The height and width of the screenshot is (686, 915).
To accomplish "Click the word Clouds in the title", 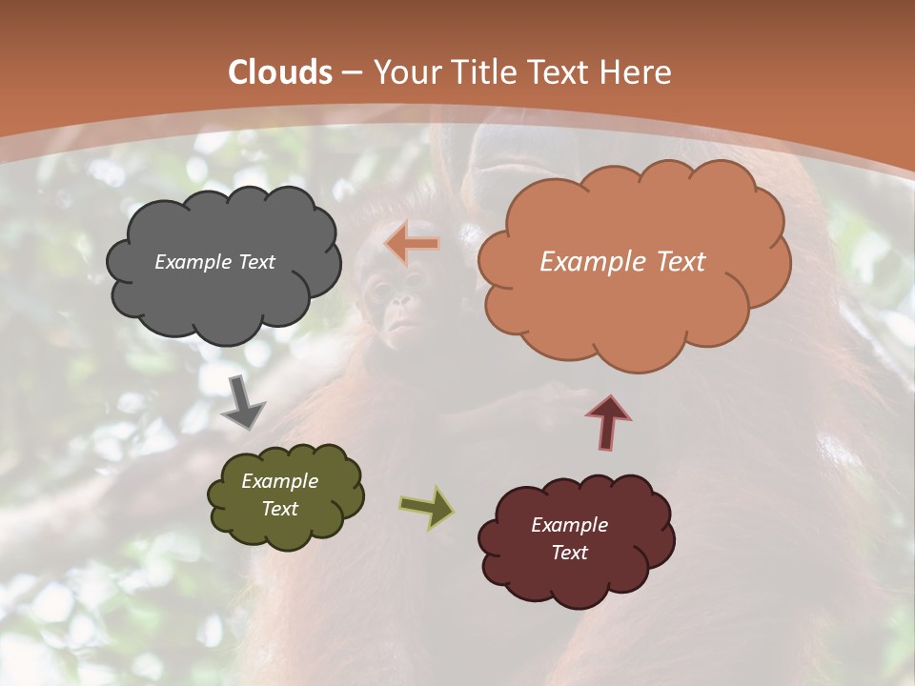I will click(280, 72).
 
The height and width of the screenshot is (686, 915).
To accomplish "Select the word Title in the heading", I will click(477, 72).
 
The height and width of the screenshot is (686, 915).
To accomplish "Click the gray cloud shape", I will click(223, 261).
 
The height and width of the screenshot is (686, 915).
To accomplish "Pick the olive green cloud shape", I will click(285, 496).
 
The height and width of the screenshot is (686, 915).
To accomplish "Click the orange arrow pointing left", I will click(413, 245).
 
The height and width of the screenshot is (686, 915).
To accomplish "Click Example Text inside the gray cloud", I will click(214, 262).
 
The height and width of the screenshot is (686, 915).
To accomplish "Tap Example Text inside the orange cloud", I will click(622, 262).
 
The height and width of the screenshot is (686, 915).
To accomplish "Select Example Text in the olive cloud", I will click(279, 495).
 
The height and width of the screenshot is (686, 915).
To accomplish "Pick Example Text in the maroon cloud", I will click(569, 538).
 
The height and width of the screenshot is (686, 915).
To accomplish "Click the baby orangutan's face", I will click(398, 307).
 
